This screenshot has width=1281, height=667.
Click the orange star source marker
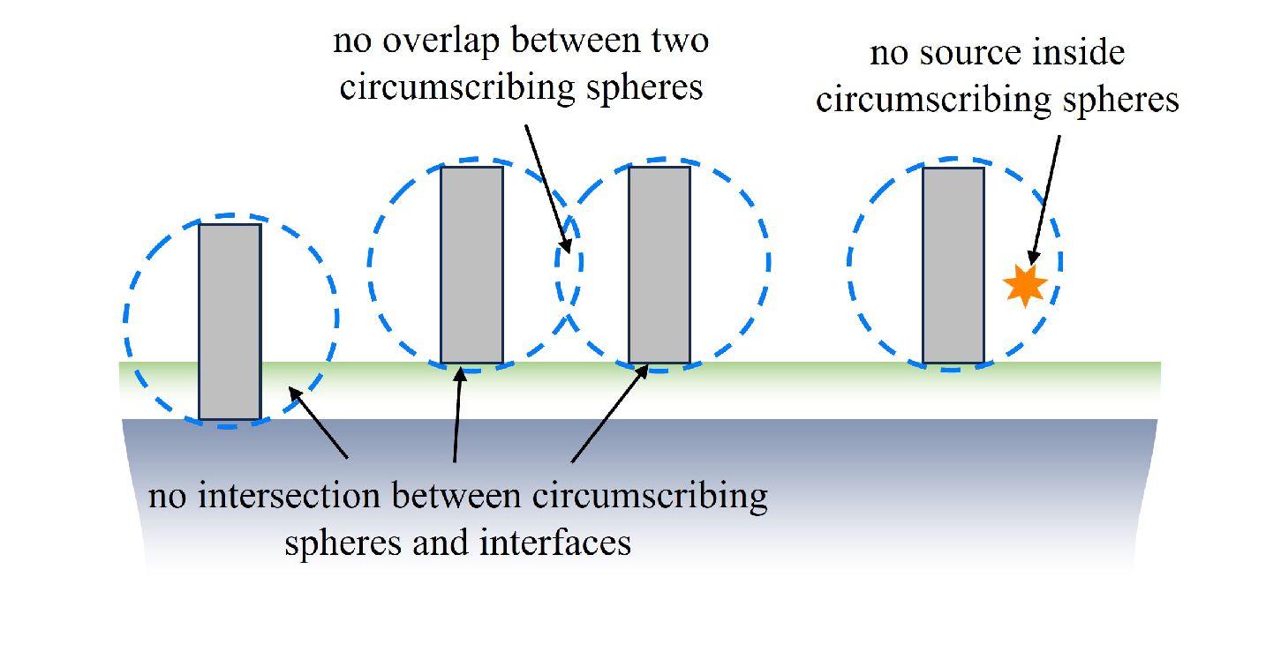point(1025,286)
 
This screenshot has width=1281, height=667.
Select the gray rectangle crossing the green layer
point(230,322)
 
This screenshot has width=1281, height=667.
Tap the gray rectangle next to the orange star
point(953,265)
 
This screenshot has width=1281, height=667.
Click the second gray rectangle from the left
point(471,265)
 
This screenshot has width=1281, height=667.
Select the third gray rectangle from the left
point(659,265)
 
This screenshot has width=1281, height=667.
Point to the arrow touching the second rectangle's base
point(457,415)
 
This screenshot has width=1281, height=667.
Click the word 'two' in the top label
point(681,41)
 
